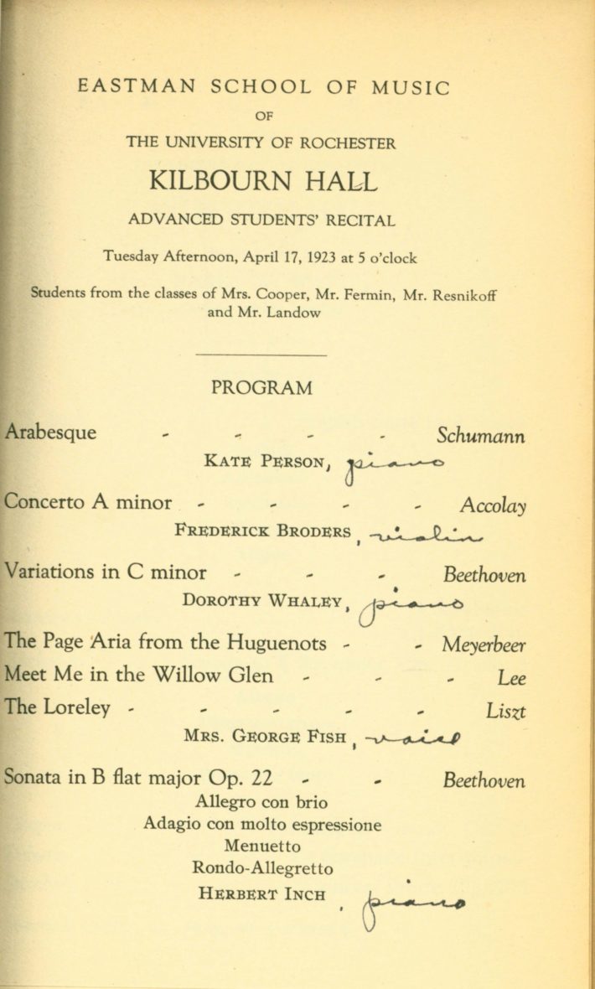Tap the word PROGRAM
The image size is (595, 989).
pos(261,388)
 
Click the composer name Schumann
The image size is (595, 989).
pos(481,436)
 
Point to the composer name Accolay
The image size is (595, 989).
pos(493,505)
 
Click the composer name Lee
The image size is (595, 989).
pos(511,677)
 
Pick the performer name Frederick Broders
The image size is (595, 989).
pos(264,530)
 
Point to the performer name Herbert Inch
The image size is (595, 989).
pos(261,893)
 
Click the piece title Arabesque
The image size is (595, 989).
pos(50,432)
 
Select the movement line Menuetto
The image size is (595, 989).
pos(262,846)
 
